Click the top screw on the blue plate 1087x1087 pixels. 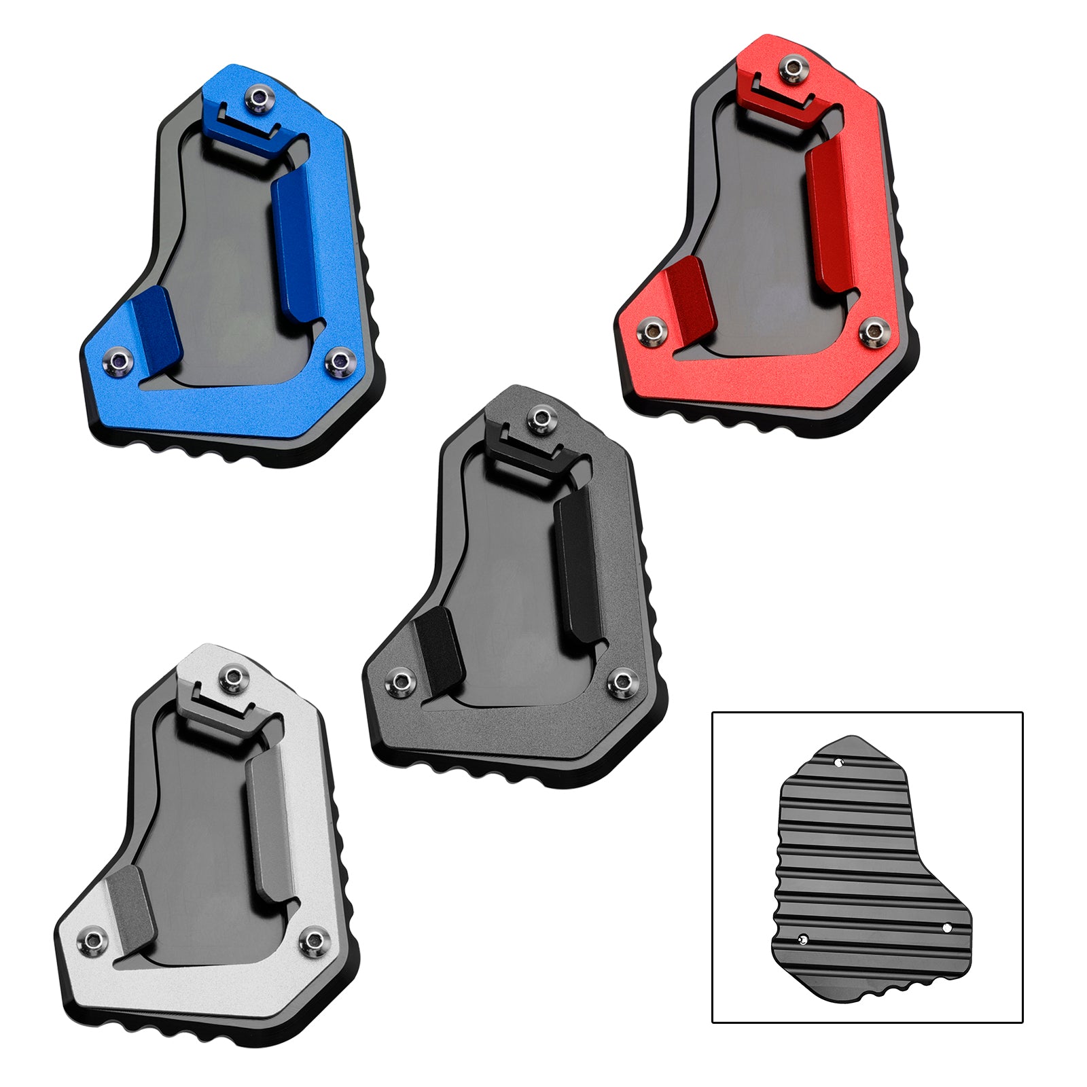coord(258,101)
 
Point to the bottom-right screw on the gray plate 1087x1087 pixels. coord(620,681)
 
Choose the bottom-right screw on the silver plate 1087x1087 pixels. coord(313,940)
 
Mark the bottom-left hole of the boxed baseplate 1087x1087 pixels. coord(804,940)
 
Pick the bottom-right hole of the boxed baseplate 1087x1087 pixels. coord(946,927)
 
